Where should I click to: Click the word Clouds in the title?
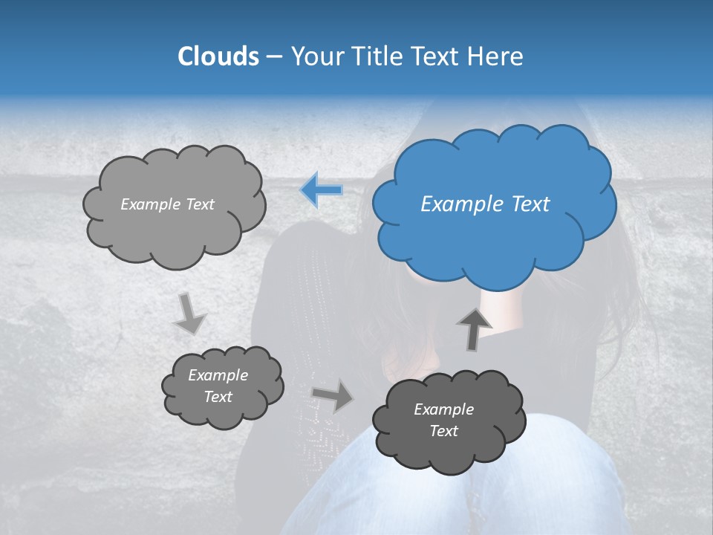tap(218, 56)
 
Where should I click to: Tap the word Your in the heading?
tap(317, 56)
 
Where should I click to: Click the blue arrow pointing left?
tap(322, 189)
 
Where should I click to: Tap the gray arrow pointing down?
tap(189, 313)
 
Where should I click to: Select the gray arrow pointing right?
tap(332, 395)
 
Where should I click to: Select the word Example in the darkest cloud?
tap(443, 409)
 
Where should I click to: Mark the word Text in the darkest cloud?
tap(443, 431)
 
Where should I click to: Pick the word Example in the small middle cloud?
tap(218, 375)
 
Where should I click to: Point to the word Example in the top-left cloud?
tap(151, 204)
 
